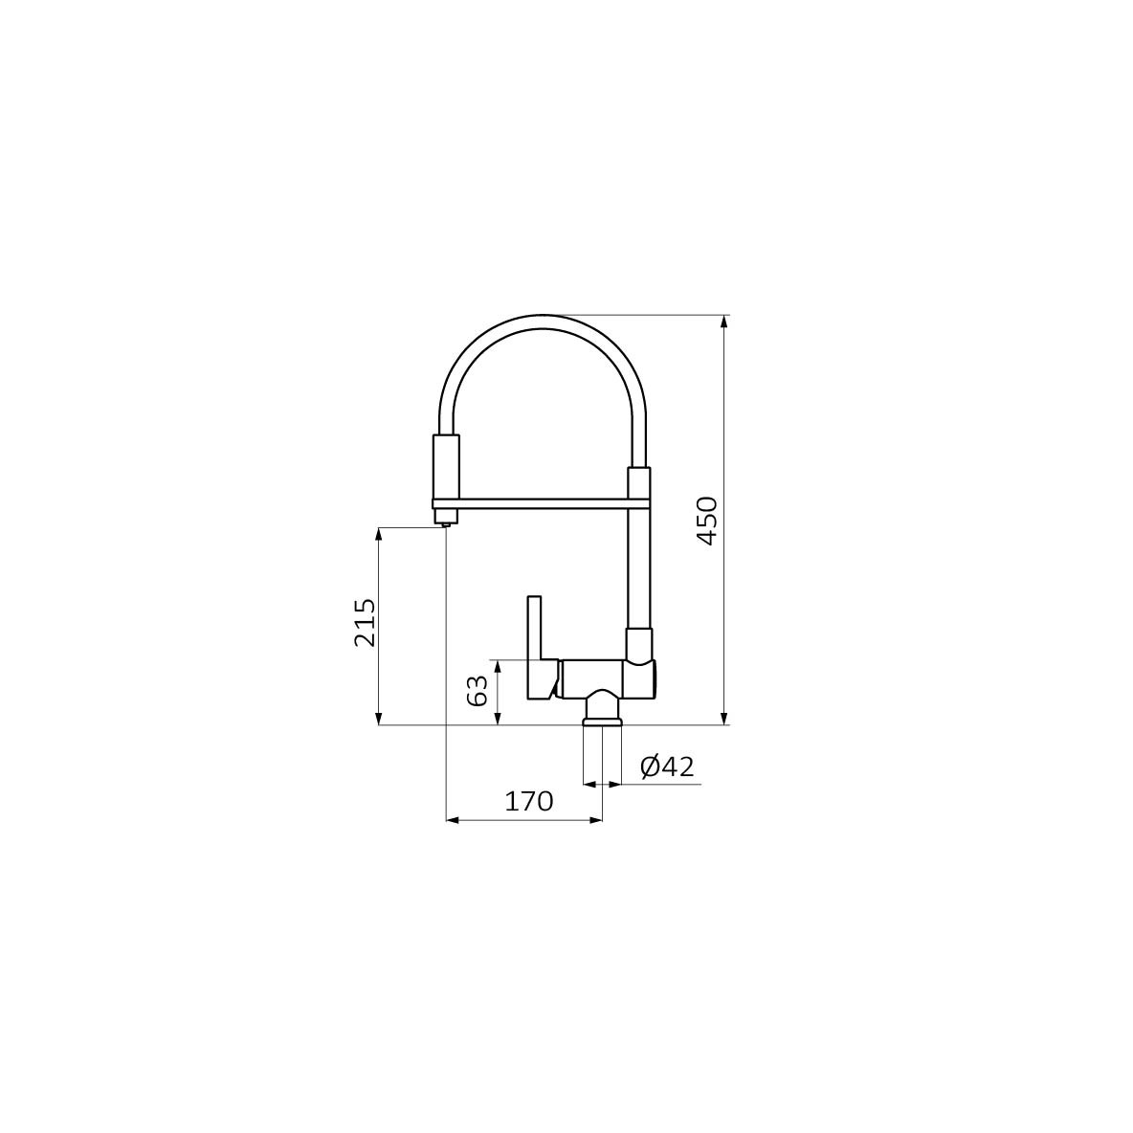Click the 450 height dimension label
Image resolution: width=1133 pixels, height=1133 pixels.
[706, 521]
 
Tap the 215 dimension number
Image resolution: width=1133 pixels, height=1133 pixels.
[365, 622]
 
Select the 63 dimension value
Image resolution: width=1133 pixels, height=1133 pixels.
[478, 691]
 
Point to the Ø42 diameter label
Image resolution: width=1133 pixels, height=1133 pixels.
[667, 766]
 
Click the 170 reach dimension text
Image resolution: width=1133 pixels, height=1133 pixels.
[529, 801]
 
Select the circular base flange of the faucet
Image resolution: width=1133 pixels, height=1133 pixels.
[602, 722]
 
